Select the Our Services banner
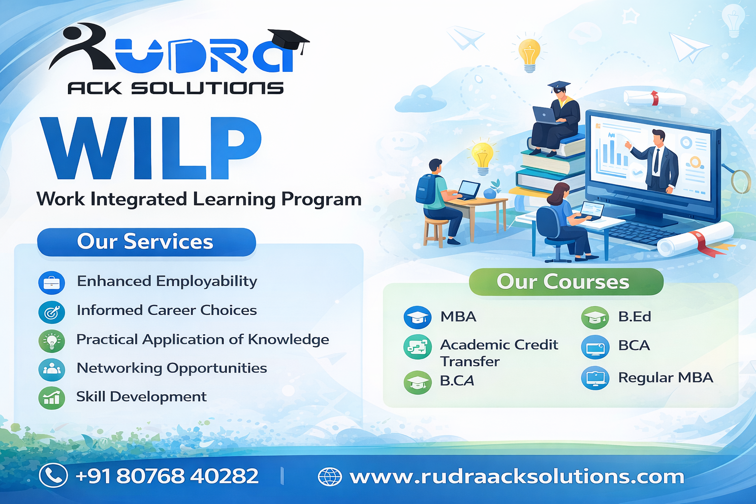147,242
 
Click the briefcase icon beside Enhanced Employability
52,283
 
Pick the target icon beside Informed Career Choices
52,312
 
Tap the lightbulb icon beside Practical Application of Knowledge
52,341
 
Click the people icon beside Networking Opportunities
52,370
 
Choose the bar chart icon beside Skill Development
52,398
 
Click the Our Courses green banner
566,282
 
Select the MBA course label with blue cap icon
458,316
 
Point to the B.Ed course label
634,316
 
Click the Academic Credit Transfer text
499,353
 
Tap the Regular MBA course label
665,378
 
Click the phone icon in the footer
53,475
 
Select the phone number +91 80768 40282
167,476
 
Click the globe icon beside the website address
330,476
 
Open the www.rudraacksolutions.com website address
517,476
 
